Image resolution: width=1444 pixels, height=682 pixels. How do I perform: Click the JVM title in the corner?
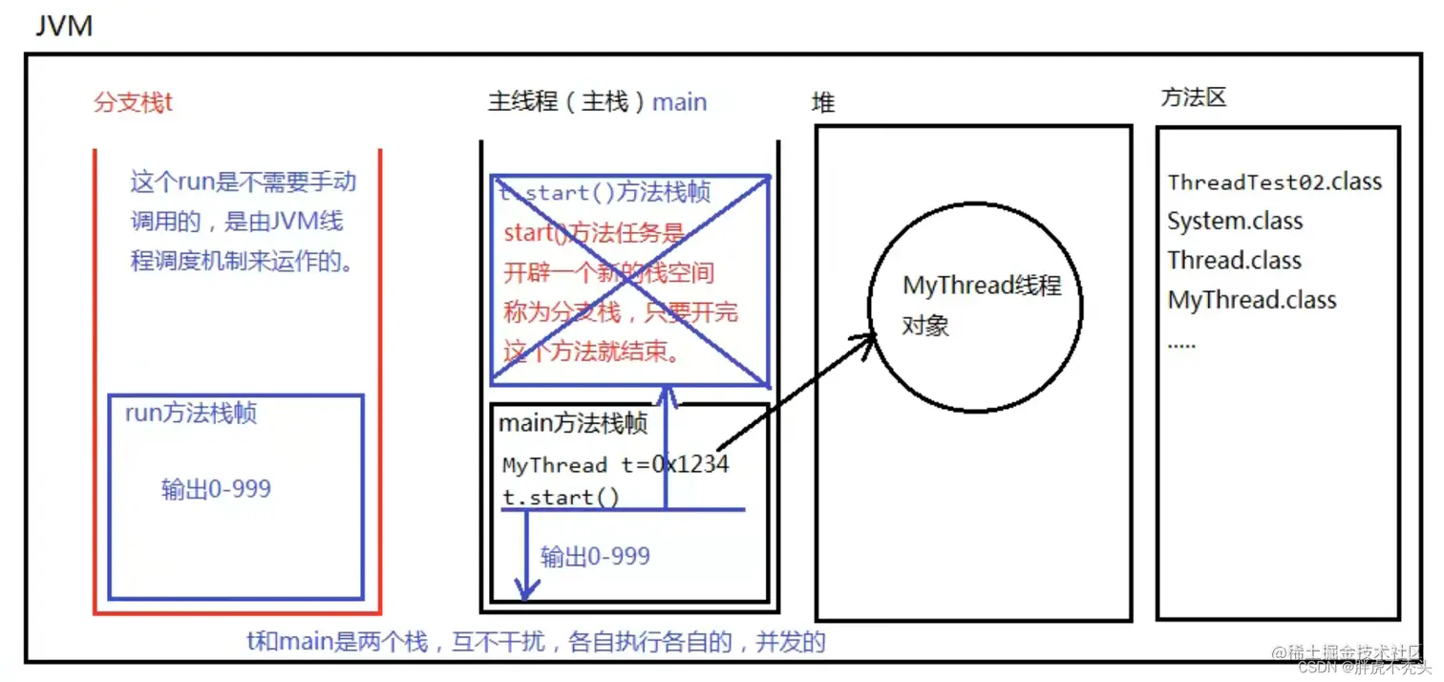pyautogui.click(x=64, y=26)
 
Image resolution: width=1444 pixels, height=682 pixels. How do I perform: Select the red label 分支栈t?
pyautogui.click(x=133, y=103)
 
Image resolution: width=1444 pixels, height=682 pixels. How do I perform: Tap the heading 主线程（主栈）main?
pyautogui.click(x=597, y=102)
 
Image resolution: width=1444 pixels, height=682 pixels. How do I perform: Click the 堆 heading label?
pyautogui.click(x=823, y=103)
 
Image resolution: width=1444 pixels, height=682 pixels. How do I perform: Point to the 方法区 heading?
pyautogui.click(x=1193, y=97)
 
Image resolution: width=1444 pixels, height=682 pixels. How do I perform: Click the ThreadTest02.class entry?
pyautogui.click(x=1274, y=181)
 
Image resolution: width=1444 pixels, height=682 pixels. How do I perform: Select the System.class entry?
pyautogui.click(x=1235, y=222)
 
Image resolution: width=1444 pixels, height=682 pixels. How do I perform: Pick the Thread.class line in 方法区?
pyautogui.click(x=1234, y=261)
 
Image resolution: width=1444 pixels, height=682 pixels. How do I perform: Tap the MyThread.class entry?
pyautogui.click(x=1251, y=300)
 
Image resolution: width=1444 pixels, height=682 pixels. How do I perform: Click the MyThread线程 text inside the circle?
pyautogui.click(x=982, y=286)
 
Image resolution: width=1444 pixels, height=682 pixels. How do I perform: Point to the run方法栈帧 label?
pyautogui.click(x=191, y=414)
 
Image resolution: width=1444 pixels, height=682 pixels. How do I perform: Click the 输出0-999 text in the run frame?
pyautogui.click(x=216, y=489)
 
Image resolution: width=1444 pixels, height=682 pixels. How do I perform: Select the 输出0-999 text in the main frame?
pyautogui.click(x=595, y=557)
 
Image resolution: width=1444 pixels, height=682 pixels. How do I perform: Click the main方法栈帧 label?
pyautogui.click(x=573, y=424)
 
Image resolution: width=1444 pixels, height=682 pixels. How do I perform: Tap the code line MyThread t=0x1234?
pyautogui.click(x=615, y=465)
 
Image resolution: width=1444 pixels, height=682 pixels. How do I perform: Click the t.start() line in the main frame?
pyautogui.click(x=561, y=497)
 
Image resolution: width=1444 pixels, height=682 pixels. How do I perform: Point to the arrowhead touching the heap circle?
pyautogui.click(x=870, y=337)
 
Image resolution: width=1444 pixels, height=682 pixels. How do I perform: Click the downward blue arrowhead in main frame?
pyautogui.click(x=524, y=591)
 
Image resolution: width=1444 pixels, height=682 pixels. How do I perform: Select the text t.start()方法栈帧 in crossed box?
pyautogui.click(x=605, y=193)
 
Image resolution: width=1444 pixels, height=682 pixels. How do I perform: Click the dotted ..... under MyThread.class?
pyautogui.click(x=1181, y=343)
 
